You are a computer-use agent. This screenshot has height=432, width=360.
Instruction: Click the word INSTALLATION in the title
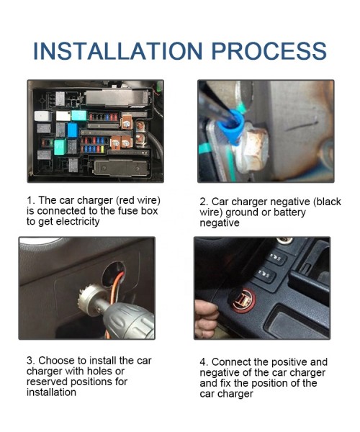pyautogui.click(x=115, y=51)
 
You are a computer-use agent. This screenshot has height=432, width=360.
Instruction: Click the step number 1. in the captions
pyautogui.click(x=31, y=199)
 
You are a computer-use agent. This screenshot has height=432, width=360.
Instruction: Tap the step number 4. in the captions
pyautogui.click(x=204, y=361)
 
